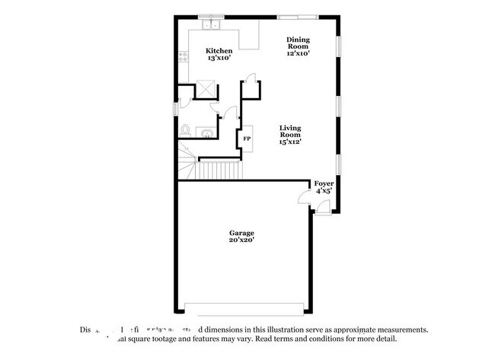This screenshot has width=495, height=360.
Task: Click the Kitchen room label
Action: point(219,51)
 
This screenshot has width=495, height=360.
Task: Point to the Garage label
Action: point(242,233)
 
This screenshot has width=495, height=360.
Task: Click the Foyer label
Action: point(324,183)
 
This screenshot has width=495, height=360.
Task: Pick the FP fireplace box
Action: point(247,139)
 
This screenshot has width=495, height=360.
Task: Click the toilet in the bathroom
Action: point(185,131)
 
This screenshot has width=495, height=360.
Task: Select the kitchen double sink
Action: point(211,26)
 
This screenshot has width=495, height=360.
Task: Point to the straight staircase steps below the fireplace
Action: point(219,169)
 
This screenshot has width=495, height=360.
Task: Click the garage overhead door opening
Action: point(248,311)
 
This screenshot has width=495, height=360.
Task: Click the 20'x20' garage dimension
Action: point(242,240)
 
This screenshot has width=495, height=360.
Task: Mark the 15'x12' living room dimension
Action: point(289,142)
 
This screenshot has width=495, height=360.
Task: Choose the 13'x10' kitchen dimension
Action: point(219,59)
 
